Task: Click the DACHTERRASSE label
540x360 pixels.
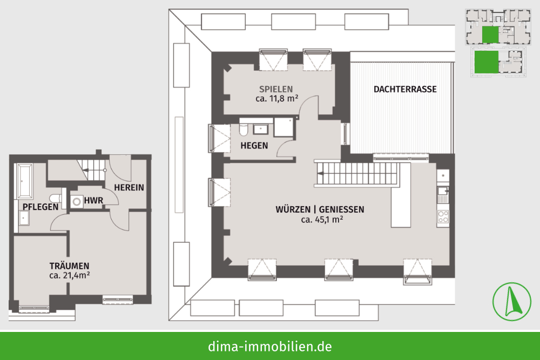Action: click(x=405, y=89)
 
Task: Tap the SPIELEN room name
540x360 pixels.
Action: click(x=276, y=89)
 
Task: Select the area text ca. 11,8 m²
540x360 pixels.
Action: click(x=277, y=98)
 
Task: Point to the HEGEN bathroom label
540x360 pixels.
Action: click(x=254, y=146)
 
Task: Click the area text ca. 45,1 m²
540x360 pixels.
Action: click(x=322, y=220)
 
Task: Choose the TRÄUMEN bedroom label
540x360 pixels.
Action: click(x=69, y=266)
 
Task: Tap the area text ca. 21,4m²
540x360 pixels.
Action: click(x=70, y=275)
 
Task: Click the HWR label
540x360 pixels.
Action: click(x=93, y=200)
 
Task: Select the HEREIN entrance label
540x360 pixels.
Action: click(x=129, y=188)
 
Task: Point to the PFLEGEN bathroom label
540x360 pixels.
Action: click(x=40, y=207)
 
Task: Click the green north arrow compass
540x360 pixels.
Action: click(x=512, y=302)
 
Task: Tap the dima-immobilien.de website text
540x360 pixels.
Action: click(x=270, y=346)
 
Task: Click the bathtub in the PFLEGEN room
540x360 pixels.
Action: click(x=25, y=181)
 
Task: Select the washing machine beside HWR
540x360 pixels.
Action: click(x=77, y=202)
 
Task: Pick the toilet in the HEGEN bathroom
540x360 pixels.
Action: click(x=244, y=130)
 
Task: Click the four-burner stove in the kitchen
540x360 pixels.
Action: click(x=443, y=217)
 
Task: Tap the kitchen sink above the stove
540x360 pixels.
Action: click(x=443, y=194)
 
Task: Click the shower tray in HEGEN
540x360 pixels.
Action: click(x=283, y=127)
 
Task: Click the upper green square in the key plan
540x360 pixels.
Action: click(x=490, y=35)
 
